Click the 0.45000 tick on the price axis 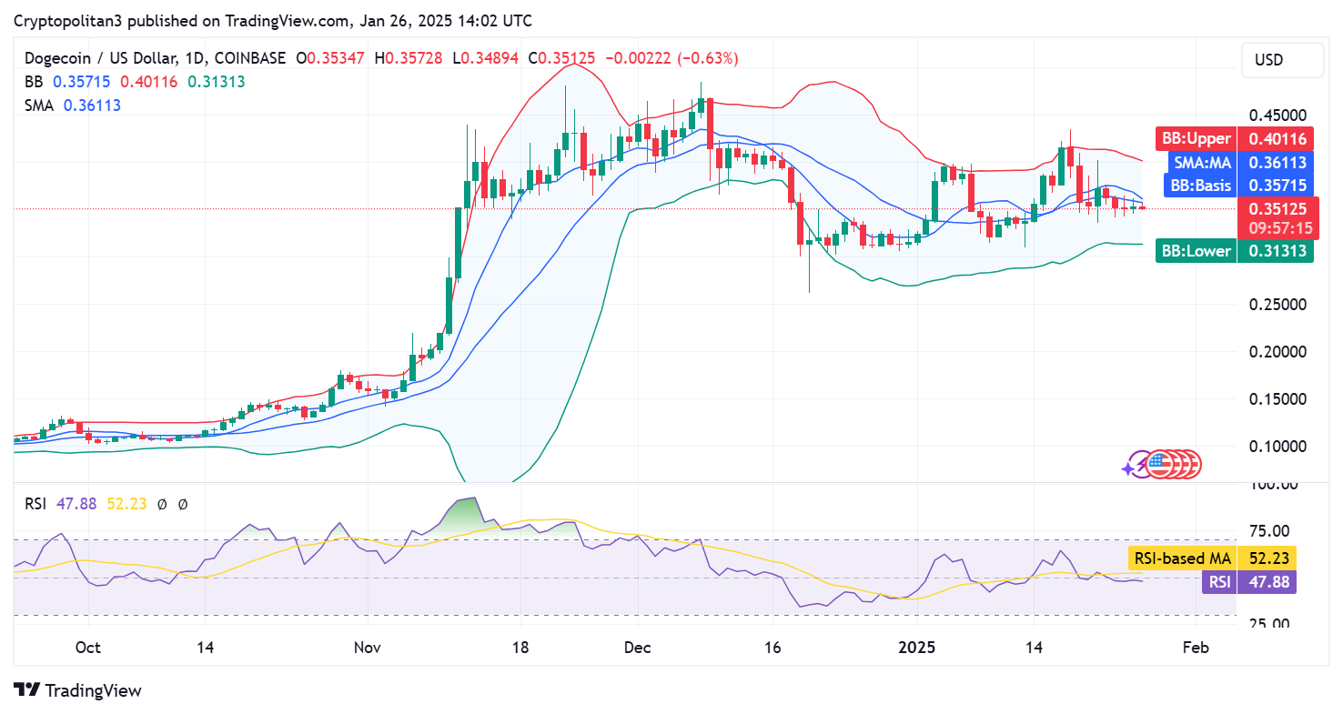click(x=1277, y=116)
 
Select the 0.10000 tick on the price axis click(x=1277, y=446)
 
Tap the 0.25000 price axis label click(x=1277, y=305)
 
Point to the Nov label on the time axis click(x=368, y=648)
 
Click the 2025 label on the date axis click(x=917, y=648)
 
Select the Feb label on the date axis click(x=1195, y=648)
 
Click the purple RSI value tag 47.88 click(x=1248, y=581)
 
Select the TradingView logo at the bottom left click(x=78, y=690)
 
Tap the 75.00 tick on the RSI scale click(x=1272, y=531)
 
